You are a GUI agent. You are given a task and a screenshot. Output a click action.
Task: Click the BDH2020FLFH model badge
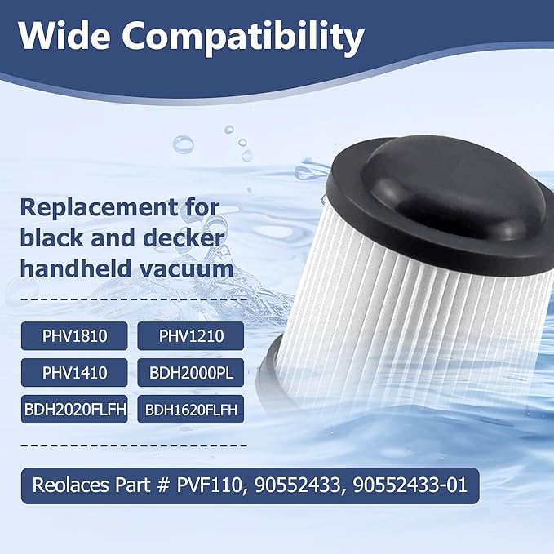[x=74, y=409]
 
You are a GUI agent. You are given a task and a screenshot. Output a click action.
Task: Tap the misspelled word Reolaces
[x=68, y=485]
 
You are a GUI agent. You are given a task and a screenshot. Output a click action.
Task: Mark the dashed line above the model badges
[x=133, y=300]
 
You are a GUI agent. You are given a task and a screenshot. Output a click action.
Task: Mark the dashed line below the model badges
[x=133, y=445]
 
